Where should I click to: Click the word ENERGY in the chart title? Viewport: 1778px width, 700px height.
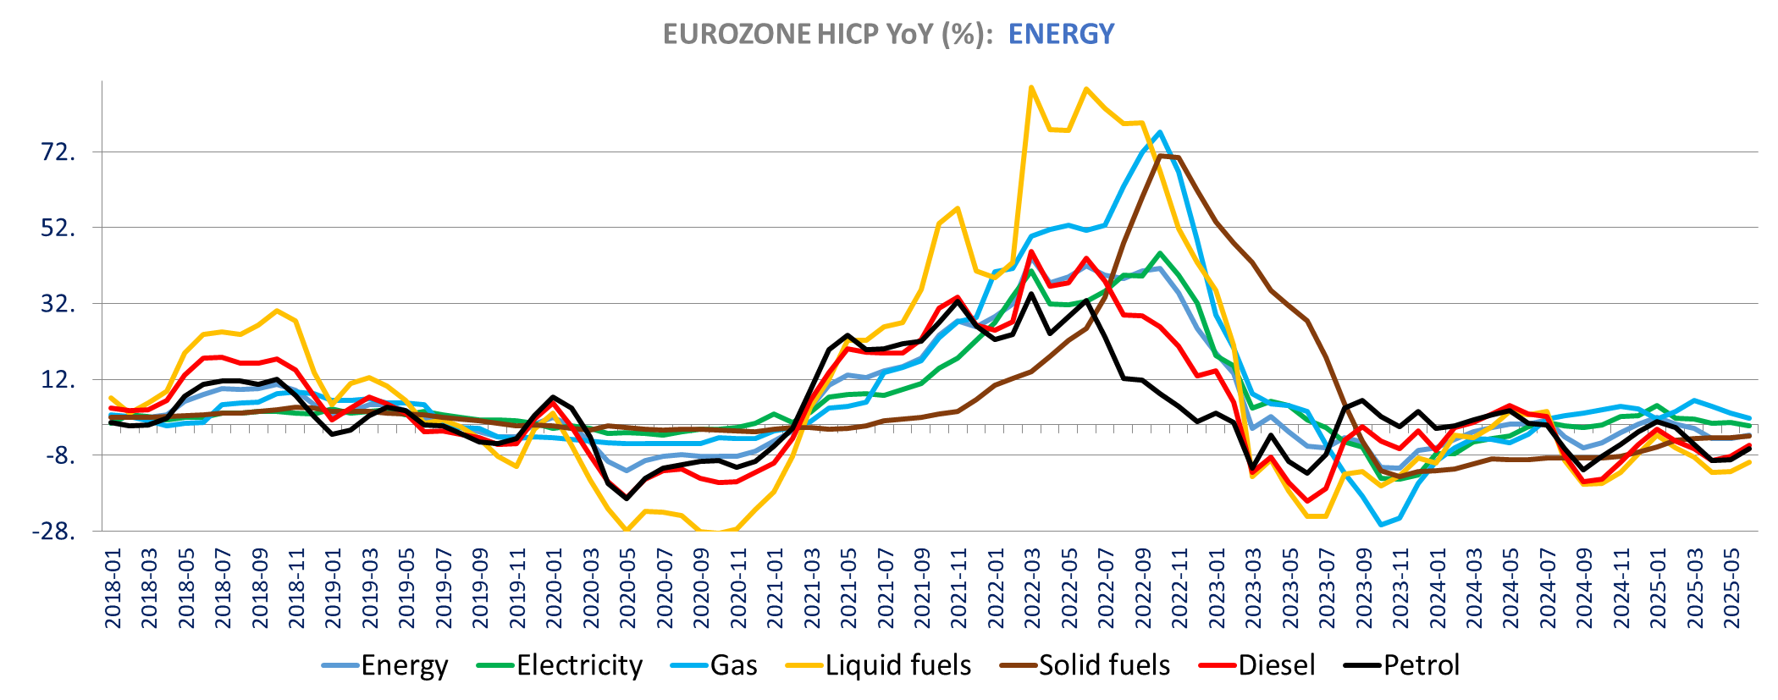click(x=1061, y=34)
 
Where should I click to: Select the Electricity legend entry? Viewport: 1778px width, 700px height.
click(x=580, y=665)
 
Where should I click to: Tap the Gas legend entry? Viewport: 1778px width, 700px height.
click(x=733, y=665)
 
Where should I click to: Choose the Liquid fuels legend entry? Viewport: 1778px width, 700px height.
click(x=898, y=665)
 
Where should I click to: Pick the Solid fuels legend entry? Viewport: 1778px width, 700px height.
click(x=1104, y=665)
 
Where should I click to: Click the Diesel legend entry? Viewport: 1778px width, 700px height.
click(x=1276, y=665)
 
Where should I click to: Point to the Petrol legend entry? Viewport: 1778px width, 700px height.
click(x=1422, y=665)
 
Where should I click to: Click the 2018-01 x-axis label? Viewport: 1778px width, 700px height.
click(x=113, y=587)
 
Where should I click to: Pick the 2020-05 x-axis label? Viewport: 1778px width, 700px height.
click(x=627, y=587)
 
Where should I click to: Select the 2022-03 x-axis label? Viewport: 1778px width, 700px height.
click(x=1032, y=587)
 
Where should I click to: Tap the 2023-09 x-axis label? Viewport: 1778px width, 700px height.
click(x=1363, y=587)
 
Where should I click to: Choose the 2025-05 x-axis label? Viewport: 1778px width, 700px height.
click(x=1731, y=587)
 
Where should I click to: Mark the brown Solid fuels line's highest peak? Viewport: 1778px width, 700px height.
click(x=1161, y=156)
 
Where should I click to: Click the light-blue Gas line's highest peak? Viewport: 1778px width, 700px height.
click(x=1160, y=132)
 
